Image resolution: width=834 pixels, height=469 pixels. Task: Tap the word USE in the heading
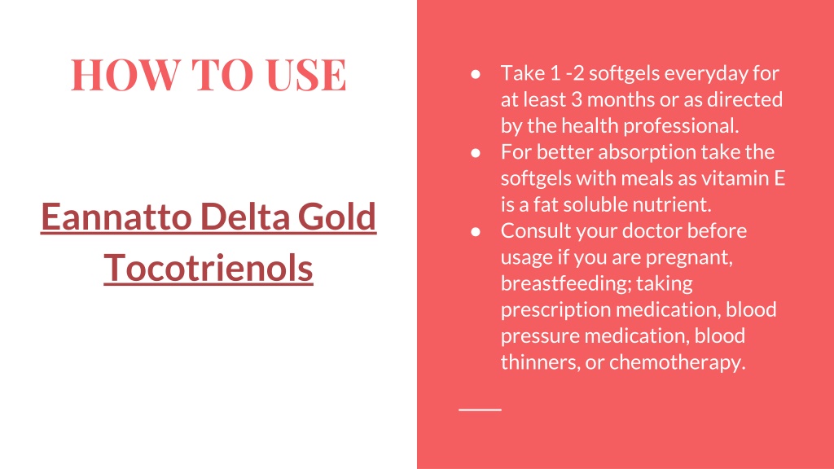pyautogui.click(x=306, y=74)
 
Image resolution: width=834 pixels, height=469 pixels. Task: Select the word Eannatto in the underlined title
pyautogui.click(x=116, y=217)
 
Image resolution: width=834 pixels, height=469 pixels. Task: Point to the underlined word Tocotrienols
pyautogui.click(x=208, y=267)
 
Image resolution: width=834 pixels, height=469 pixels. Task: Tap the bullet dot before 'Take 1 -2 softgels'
pyautogui.click(x=476, y=74)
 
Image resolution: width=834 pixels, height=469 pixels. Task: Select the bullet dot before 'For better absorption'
pyautogui.click(x=476, y=153)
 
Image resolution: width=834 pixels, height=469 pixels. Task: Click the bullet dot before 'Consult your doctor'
pyautogui.click(x=476, y=232)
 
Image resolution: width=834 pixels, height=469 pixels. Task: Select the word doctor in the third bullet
pyautogui.click(x=652, y=230)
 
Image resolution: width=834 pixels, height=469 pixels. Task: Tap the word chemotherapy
pyautogui.click(x=677, y=362)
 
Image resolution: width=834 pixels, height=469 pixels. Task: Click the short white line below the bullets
pyautogui.click(x=481, y=410)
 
